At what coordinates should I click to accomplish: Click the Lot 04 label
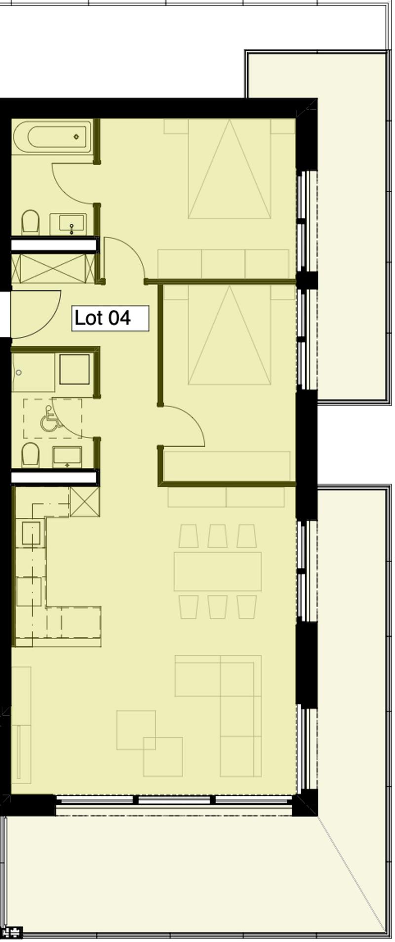pos(110,318)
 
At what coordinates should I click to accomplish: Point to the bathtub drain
pos(77,137)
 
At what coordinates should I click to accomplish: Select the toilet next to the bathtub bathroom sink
pos(30,222)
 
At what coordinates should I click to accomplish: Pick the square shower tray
pos(75,369)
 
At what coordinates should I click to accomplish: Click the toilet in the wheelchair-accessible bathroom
pos(30,455)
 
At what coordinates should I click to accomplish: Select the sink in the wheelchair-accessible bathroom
pos(67,457)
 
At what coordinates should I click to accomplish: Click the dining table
pos(218,571)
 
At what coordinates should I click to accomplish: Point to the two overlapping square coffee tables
pos(150,743)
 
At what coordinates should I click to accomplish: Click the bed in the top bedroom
pos(230,168)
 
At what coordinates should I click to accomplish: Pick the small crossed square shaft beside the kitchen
pos(85,502)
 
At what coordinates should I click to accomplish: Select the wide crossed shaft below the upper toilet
pos(53,269)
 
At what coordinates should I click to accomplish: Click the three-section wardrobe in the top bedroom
pos(223,264)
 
